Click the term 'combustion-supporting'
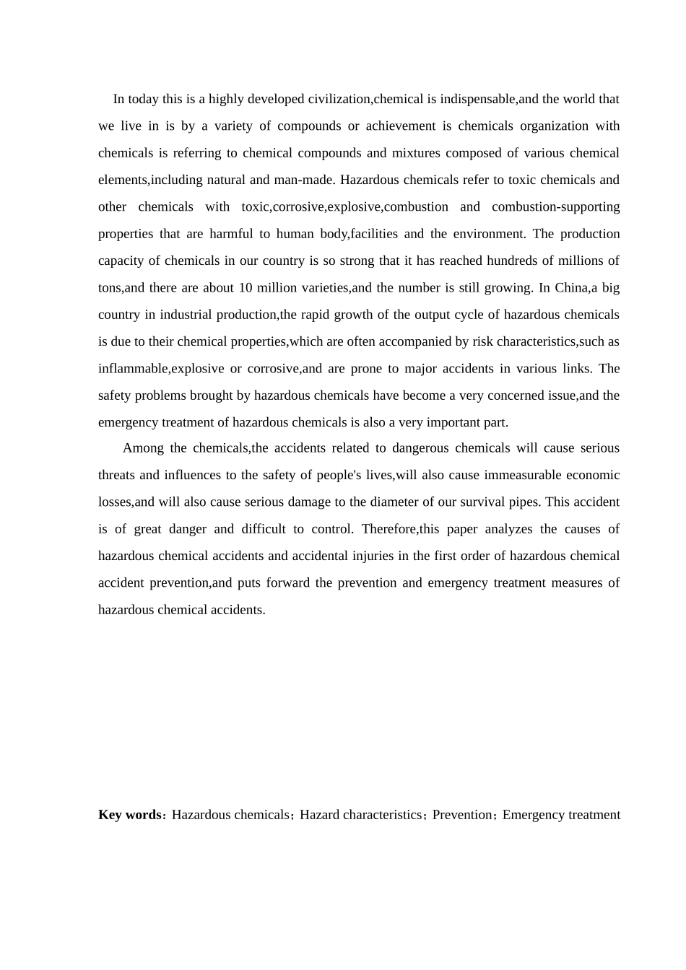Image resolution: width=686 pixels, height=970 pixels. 555,206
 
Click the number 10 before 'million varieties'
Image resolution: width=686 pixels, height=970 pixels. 245,288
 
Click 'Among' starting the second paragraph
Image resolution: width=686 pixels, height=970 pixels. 143,448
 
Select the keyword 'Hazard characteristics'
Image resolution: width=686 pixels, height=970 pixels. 360,815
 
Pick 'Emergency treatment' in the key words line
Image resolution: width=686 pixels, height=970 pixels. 561,815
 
